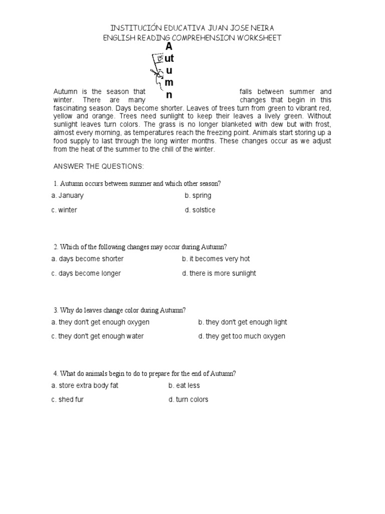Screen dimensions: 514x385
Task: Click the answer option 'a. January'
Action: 68,195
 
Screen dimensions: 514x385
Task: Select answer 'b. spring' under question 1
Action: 198,195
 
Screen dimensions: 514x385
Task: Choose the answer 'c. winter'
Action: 64,210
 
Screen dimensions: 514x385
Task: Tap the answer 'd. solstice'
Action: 200,210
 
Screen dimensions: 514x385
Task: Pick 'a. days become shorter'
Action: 87,259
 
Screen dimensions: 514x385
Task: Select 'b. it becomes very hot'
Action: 216,259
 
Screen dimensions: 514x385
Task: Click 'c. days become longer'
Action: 86,273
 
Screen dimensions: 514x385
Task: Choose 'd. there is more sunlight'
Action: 219,273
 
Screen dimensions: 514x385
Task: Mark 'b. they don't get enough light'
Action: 243,322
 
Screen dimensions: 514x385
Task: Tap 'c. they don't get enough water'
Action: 97,336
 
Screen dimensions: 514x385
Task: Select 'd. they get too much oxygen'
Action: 242,336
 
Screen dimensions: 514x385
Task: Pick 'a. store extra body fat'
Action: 85,385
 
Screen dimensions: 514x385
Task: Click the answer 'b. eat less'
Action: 184,385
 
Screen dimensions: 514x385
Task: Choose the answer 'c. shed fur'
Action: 67,400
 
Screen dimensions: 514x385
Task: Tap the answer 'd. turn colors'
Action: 188,400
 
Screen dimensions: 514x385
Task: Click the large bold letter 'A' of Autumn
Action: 169,47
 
